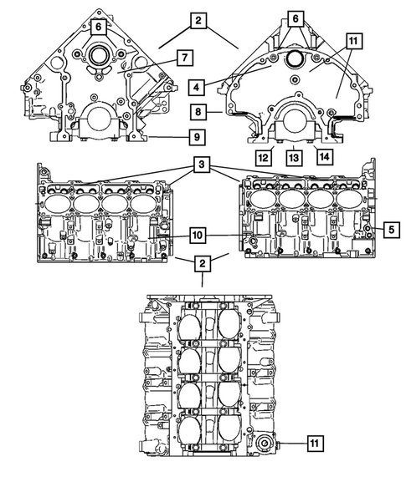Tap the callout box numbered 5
point(391,226)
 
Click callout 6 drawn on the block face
point(99,27)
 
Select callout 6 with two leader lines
point(295,18)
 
